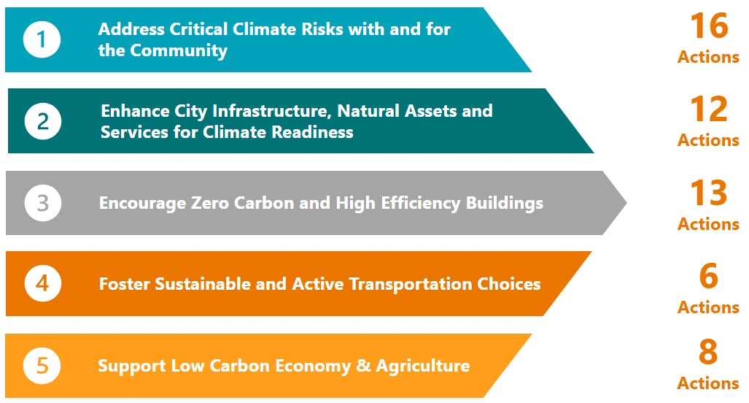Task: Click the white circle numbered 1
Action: (x=42, y=39)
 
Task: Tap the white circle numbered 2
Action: (x=43, y=121)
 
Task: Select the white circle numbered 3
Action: (x=43, y=203)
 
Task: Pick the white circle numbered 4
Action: (x=43, y=283)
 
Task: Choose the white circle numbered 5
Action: (x=42, y=366)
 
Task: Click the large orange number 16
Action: (x=710, y=26)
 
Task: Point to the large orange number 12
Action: (x=709, y=109)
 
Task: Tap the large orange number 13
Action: (x=709, y=193)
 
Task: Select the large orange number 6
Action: (x=708, y=276)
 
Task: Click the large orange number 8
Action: (x=708, y=352)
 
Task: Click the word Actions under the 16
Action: (x=708, y=57)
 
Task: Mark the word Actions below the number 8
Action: (x=708, y=383)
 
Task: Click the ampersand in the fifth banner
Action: (x=363, y=366)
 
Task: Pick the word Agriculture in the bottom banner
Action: (x=423, y=366)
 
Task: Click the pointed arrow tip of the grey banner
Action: (x=626, y=203)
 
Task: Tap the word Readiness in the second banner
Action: (x=312, y=132)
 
